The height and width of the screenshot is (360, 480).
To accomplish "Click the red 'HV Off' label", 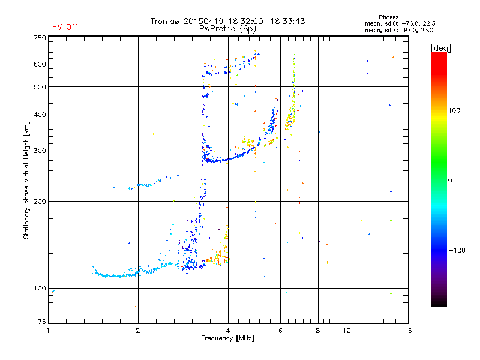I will click(x=65, y=27).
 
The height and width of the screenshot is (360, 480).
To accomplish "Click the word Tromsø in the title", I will click(x=165, y=21).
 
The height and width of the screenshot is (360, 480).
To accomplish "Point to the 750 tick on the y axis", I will click(x=40, y=38).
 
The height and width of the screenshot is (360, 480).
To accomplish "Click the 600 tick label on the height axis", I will click(x=40, y=64).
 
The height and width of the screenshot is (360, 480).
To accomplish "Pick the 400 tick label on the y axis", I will click(x=40, y=115).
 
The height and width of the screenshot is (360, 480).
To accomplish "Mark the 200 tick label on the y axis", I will click(x=40, y=201).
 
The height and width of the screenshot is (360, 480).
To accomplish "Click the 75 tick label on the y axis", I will click(x=41, y=323).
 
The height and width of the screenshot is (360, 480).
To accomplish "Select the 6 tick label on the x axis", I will click(x=280, y=331).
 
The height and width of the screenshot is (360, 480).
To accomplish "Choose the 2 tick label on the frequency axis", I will click(x=138, y=331).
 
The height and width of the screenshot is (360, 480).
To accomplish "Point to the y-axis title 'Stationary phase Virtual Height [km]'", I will click(x=26, y=180).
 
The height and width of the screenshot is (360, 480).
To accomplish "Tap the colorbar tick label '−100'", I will click(x=458, y=250).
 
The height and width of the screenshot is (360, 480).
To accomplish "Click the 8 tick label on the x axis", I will click(x=318, y=331).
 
